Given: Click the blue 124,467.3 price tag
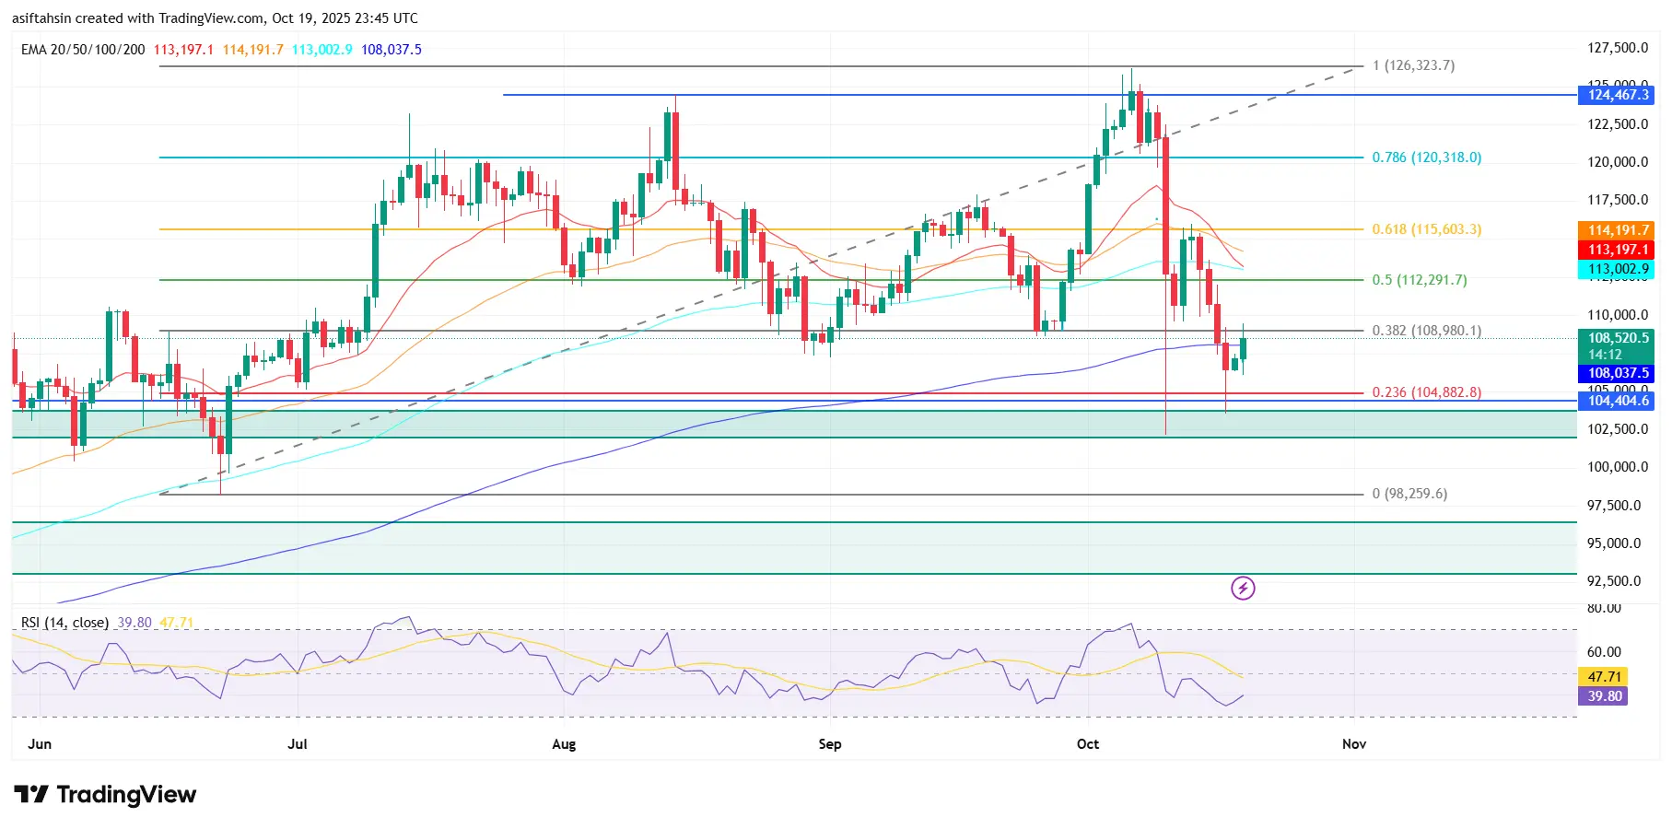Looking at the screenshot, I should pyautogui.click(x=1618, y=95).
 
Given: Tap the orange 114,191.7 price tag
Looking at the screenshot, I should pyautogui.click(x=1618, y=230).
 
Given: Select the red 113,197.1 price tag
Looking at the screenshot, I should pyautogui.click(x=1618, y=250).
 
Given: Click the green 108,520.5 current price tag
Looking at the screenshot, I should pyautogui.click(x=1618, y=339).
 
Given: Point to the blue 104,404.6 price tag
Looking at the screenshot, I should pyautogui.click(x=1618, y=401).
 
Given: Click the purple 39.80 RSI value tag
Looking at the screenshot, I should pyautogui.click(x=1604, y=696).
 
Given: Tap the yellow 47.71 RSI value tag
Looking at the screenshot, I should pyautogui.click(x=1604, y=677).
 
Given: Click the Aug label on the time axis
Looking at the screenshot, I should pyautogui.click(x=564, y=744).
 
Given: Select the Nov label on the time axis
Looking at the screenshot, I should pyautogui.click(x=1354, y=744).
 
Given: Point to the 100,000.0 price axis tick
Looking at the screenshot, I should pyautogui.click(x=1617, y=467).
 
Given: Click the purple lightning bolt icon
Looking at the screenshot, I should pyautogui.click(x=1243, y=588).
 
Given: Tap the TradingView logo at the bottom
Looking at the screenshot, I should pyautogui.click(x=105, y=795).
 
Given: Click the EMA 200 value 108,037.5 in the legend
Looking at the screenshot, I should pyautogui.click(x=392, y=50).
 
